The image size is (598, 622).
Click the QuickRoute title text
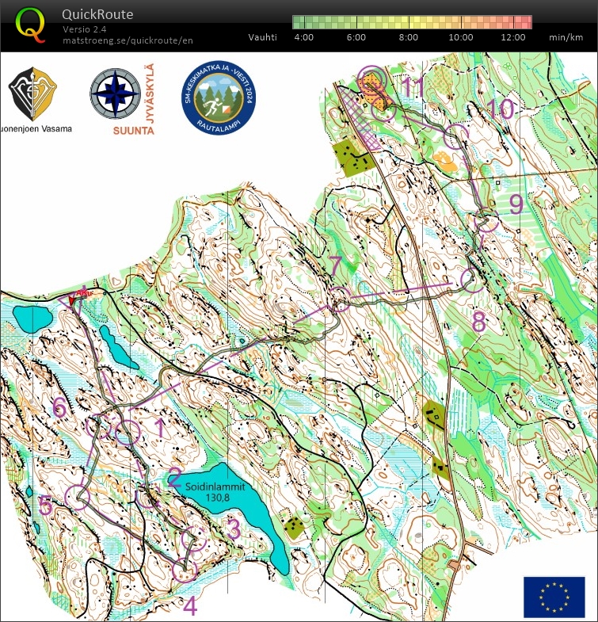point(97,14)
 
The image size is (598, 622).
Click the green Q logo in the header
point(30,25)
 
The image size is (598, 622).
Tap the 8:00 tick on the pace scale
point(408,37)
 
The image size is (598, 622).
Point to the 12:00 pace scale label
point(513,37)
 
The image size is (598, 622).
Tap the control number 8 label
point(478,322)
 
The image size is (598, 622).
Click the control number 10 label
point(499,109)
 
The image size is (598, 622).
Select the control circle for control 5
point(78,498)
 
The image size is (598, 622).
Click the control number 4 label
point(189,606)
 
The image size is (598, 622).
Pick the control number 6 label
point(59,407)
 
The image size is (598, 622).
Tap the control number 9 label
point(516,204)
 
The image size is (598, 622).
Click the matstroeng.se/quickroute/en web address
point(128,40)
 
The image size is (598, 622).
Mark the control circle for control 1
point(128,432)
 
